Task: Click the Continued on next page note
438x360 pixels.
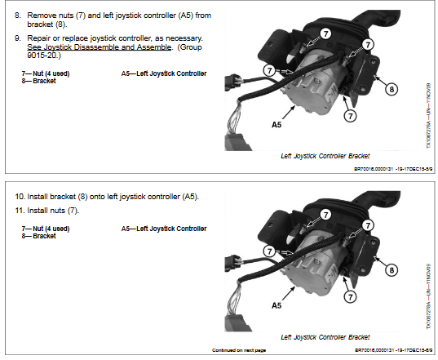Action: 239,350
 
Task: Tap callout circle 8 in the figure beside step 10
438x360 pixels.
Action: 392,269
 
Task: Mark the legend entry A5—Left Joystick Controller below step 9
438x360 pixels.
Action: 163,73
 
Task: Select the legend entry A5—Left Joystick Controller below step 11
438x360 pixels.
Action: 163,229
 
